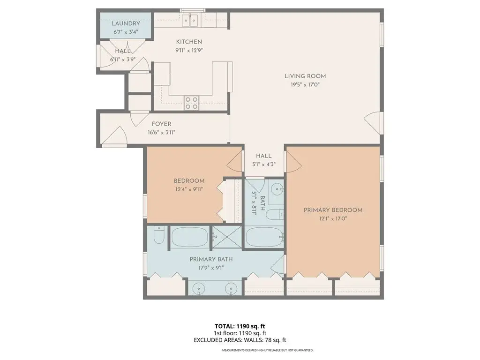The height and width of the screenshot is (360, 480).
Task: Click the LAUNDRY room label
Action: [126, 23]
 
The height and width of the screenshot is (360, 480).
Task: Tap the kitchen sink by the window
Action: [190, 20]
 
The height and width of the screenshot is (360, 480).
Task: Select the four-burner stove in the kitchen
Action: [191, 103]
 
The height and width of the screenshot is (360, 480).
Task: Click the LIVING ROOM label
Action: [305, 76]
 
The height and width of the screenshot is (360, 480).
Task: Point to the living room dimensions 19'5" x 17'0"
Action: [305, 85]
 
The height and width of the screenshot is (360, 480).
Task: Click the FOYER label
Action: [162, 124]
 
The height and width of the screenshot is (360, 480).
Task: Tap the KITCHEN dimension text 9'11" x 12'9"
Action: [189, 51]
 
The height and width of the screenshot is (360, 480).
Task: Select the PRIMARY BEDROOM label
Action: [333, 210]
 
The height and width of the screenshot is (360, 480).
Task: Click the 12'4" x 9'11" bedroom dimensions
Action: [189, 189]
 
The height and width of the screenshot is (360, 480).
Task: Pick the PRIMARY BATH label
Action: [211, 259]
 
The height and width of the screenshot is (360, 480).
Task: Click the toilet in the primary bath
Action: [158, 235]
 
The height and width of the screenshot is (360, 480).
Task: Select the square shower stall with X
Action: [227, 237]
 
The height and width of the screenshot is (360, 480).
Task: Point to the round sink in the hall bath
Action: [278, 188]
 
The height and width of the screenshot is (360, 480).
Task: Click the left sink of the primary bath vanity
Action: [199, 289]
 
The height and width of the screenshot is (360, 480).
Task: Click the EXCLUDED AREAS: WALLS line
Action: [240, 340]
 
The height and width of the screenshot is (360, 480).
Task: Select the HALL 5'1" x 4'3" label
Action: [264, 160]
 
